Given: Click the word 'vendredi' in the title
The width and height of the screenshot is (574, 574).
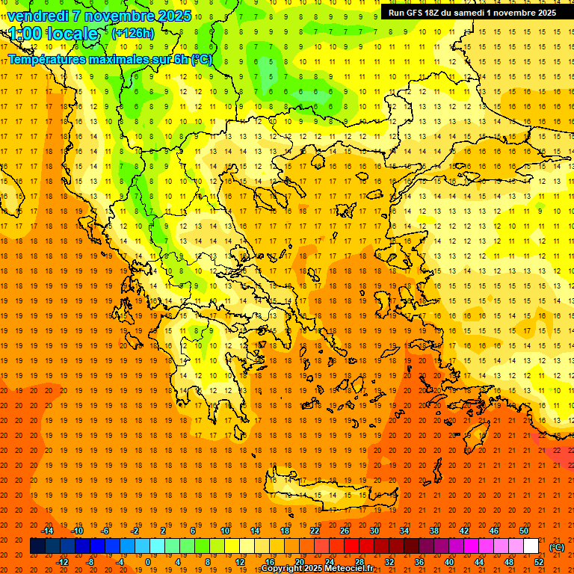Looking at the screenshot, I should pos(39,15).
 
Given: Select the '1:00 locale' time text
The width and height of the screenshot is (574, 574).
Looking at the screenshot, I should pos(53,34).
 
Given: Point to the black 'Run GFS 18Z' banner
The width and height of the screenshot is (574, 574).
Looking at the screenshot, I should pos(472,13).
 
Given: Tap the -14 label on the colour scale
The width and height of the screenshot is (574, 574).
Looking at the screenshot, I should pos(48,530).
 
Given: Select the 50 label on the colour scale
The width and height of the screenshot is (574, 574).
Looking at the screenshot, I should pos(524,530).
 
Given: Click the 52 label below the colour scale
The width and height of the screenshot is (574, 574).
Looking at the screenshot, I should pos(539,562).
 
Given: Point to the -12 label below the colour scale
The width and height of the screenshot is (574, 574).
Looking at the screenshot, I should pos(63,562).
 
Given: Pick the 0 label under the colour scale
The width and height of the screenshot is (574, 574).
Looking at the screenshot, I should pos(148,562).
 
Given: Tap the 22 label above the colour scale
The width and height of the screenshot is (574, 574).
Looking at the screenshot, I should pos(315,530).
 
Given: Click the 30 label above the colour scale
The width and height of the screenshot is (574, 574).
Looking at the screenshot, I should pos(374,530).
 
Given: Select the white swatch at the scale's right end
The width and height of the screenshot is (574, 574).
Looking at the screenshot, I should pos(531,546).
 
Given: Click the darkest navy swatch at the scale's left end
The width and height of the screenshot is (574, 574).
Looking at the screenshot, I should pos(37,546).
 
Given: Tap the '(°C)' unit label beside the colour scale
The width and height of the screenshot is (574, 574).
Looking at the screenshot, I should pos(557,547).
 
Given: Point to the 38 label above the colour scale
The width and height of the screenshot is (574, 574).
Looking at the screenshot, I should pos(434,530).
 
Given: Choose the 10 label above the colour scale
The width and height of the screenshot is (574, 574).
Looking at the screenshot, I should pos(225,530).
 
